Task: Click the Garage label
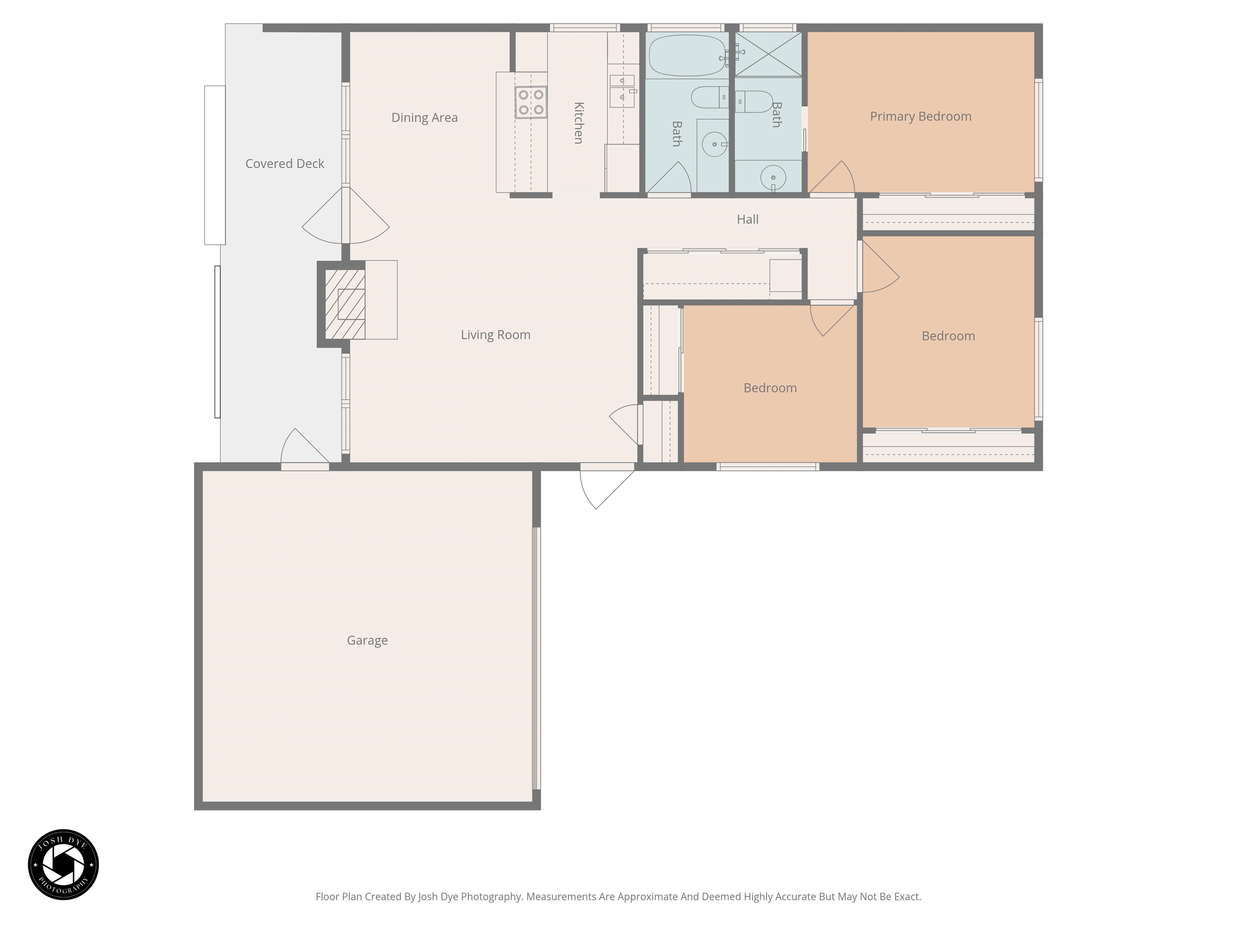367,640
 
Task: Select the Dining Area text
424,118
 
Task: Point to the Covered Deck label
285,164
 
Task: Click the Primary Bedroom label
921,116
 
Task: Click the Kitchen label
579,123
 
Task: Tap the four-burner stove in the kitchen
531,102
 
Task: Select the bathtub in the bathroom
687,55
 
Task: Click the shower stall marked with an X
768,54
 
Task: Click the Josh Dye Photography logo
63,864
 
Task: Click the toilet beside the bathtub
709,97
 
